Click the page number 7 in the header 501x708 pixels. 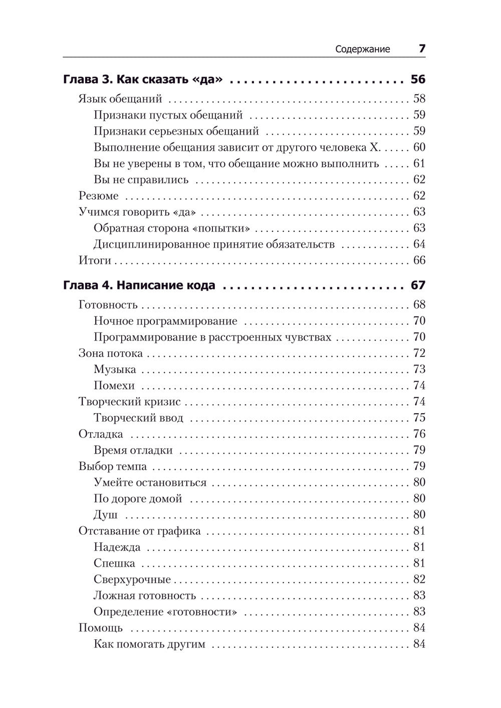pyautogui.click(x=422, y=49)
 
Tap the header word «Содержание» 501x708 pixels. pyautogui.click(x=362, y=49)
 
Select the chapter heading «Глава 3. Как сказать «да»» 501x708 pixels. pyautogui.click(x=143, y=79)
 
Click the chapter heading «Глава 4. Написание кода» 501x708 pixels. pyautogui.click(x=139, y=285)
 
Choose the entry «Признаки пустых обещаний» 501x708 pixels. pyautogui.click(x=168, y=115)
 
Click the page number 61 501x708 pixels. pyautogui.click(x=419, y=164)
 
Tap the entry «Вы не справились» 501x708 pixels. pyautogui.click(x=141, y=180)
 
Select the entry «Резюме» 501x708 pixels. pyautogui.click(x=99, y=196)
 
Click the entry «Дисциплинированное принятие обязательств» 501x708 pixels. pyautogui.click(x=214, y=244)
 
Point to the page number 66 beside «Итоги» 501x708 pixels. pyautogui.click(x=419, y=260)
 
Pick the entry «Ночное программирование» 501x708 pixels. pyautogui.click(x=165, y=321)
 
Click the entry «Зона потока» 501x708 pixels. pyautogui.click(x=110, y=353)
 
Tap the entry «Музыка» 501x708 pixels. pyautogui.click(x=115, y=370)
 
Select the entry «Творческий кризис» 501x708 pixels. pyautogui.click(x=129, y=402)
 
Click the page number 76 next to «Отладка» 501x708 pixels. pyautogui.click(x=419, y=434)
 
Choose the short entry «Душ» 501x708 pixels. pyautogui.click(x=105, y=515)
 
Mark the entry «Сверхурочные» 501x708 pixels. pyautogui.click(x=132, y=579)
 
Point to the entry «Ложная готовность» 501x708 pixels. pyautogui.click(x=144, y=595)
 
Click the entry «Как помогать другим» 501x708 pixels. pyautogui.click(x=149, y=644)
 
